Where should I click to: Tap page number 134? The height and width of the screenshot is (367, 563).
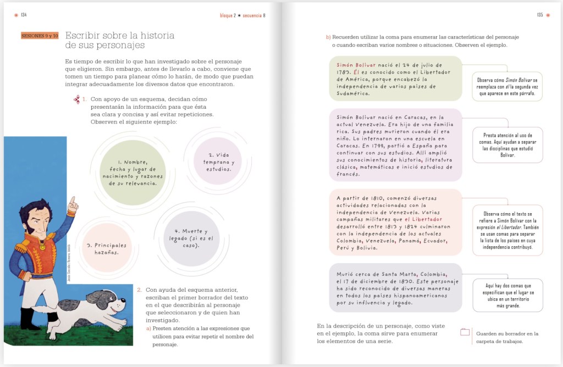pyautogui.click(x=24, y=15)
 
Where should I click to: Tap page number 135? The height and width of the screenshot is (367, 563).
pyautogui.click(x=540, y=15)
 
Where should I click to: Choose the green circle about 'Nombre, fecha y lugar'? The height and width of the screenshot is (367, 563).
pyautogui.click(x=133, y=173)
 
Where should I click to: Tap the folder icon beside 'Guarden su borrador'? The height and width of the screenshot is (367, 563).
pyautogui.click(x=465, y=332)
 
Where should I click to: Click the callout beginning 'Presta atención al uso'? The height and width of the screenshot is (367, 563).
pyautogui.click(x=507, y=144)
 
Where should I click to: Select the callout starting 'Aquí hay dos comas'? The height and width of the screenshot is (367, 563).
pyautogui.click(x=507, y=295)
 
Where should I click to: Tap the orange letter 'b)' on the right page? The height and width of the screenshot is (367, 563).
pyautogui.click(x=328, y=37)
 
